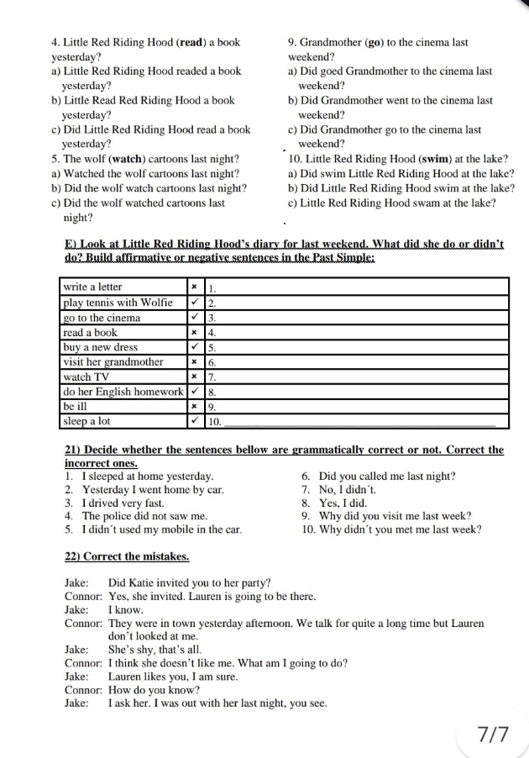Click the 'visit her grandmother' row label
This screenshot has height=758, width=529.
point(113,362)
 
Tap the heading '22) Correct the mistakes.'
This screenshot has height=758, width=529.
point(127,556)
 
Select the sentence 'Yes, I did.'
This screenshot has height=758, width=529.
point(343,503)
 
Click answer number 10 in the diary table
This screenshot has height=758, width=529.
point(215,422)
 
